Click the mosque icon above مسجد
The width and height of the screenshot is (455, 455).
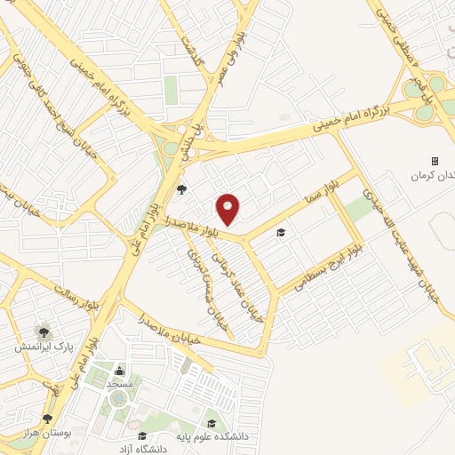(x=120, y=371)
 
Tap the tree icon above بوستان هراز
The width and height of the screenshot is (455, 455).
(x=47, y=418)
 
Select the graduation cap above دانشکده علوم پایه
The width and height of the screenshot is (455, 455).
(x=212, y=422)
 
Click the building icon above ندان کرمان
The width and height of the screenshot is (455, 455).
(x=435, y=161)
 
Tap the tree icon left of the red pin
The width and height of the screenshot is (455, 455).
(x=182, y=188)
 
